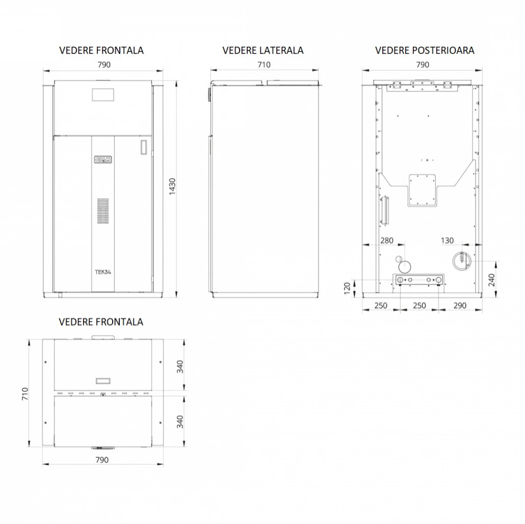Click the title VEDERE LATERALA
(x=263, y=50)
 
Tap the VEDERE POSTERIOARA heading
(x=425, y=50)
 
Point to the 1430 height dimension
(x=172, y=187)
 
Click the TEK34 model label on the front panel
(x=103, y=272)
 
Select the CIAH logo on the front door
(x=103, y=159)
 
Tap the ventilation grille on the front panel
(x=103, y=211)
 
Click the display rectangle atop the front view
(x=103, y=95)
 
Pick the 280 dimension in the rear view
(x=387, y=240)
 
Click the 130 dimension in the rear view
(x=447, y=240)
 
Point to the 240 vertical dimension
(x=491, y=280)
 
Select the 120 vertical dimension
(x=347, y=288)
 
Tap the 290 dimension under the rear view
(x=460, y=306)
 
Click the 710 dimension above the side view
(x=264, y=65)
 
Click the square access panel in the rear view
(x=422, y=190)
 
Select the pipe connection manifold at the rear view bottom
(x=419, y=280)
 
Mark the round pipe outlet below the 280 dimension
(x=405, y=267)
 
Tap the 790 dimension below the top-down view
(x=102, y=460)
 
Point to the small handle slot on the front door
(x=144, y=147)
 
